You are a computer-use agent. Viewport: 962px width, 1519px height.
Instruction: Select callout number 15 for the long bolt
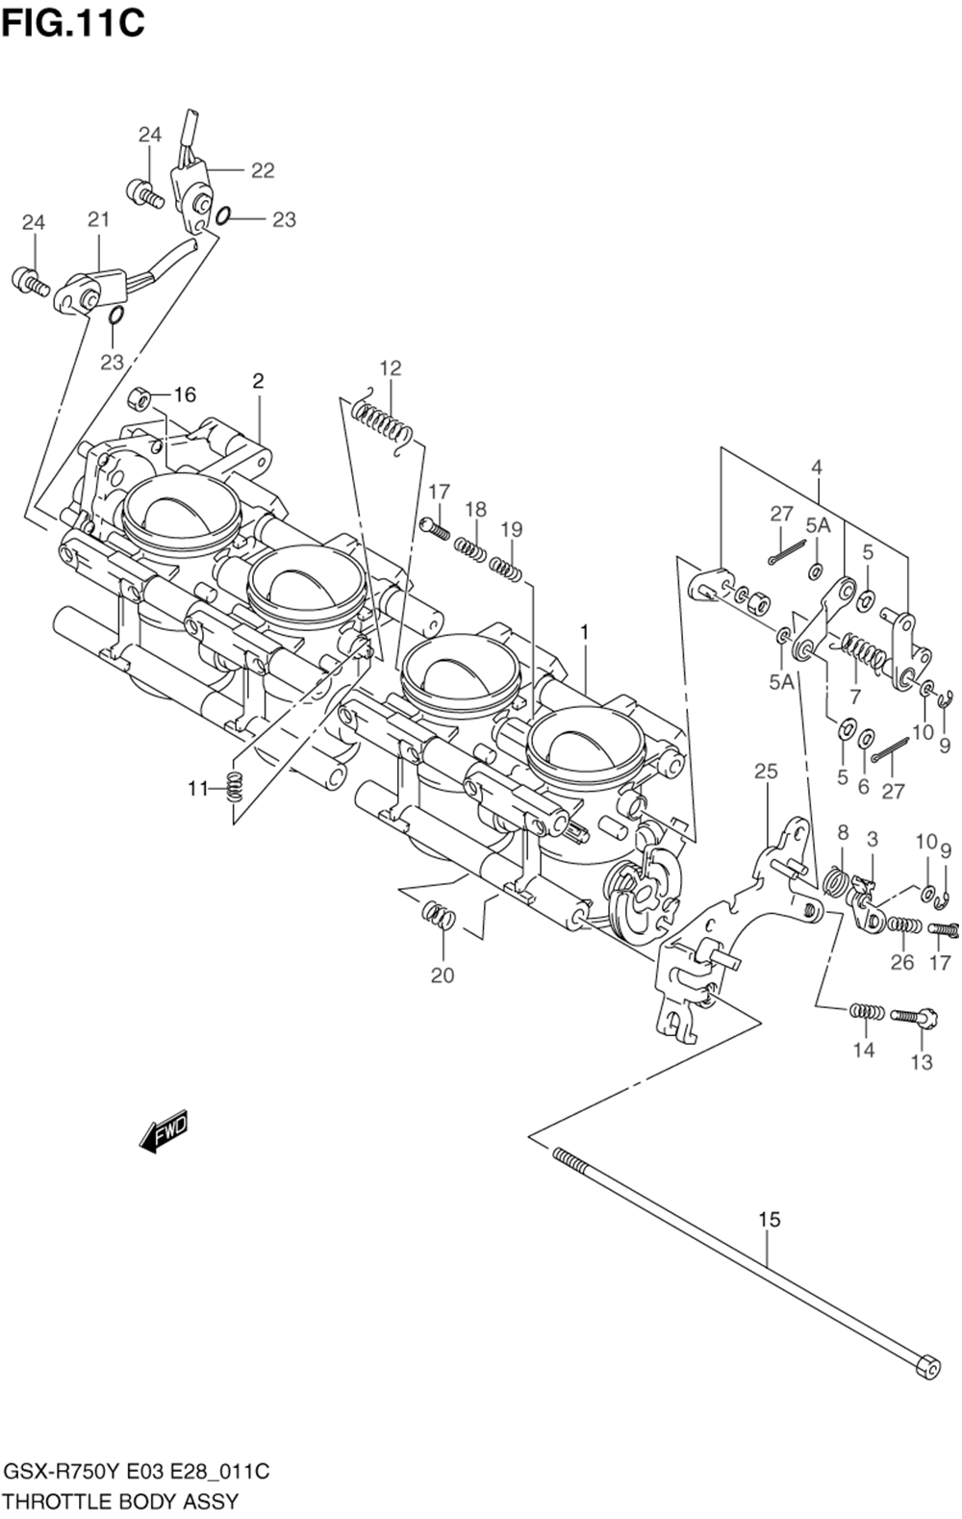point(770,1220)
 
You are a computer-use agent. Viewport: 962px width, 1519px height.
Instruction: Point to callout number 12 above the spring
point(391,368)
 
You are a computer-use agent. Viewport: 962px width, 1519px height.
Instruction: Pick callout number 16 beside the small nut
point(185,394)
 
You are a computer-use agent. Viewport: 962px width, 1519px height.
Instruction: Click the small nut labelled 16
point(139,399)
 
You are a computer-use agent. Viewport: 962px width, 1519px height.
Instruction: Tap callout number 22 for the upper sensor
point(263,171)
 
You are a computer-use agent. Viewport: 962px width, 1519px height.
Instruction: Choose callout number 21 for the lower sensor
point(99,219)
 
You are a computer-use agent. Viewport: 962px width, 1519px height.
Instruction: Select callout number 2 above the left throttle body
point(258,381)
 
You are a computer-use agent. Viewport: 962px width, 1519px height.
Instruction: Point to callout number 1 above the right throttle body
point(583,632)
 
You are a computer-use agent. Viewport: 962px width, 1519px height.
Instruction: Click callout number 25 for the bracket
point(766,771)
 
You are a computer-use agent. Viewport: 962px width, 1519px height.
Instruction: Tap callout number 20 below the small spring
point(442,975)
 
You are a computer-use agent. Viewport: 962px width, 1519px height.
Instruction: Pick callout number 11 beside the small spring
point(198,789)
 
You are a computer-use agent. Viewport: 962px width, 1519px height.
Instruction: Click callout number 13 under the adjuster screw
point(922,1063)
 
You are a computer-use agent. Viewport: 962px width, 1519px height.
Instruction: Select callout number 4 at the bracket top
point(816,467)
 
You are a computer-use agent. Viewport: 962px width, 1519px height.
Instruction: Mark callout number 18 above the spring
point(476,509)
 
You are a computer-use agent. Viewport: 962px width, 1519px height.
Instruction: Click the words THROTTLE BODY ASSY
point(121,1501)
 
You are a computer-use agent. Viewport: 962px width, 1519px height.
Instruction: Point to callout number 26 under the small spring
point(902,962)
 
